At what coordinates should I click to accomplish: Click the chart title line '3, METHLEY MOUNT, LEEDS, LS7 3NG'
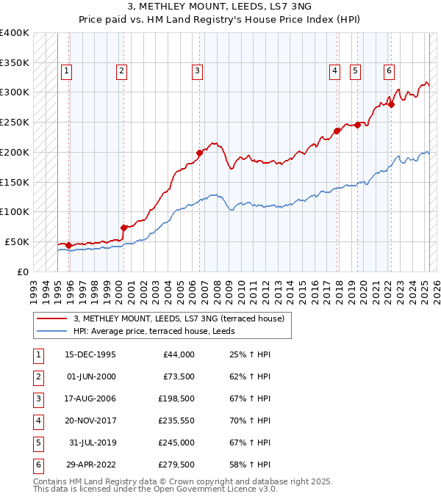pyautogui.click(x=220, y=7)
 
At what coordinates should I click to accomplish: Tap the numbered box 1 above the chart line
pyautogui.click(x=67, y=71)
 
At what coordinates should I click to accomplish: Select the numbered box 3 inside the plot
pyautogui.click(x=198, y=71)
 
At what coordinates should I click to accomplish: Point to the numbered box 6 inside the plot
pyautogui.click(x=388, y=71)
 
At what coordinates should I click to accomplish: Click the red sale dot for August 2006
pyautogui.click(x=199, y=153)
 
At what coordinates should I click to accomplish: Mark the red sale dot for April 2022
pyautogui.click(x=392, y=104)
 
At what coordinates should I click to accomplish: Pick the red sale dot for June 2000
pyautogui.click(x=123, y=227)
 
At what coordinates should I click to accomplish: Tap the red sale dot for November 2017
pyautogui.click(x=337, y=131)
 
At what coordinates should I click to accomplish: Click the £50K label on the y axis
pyautogui.click(x=17, y=241)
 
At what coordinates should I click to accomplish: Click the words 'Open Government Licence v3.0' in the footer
pyautogui.click(x=215, y=488)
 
